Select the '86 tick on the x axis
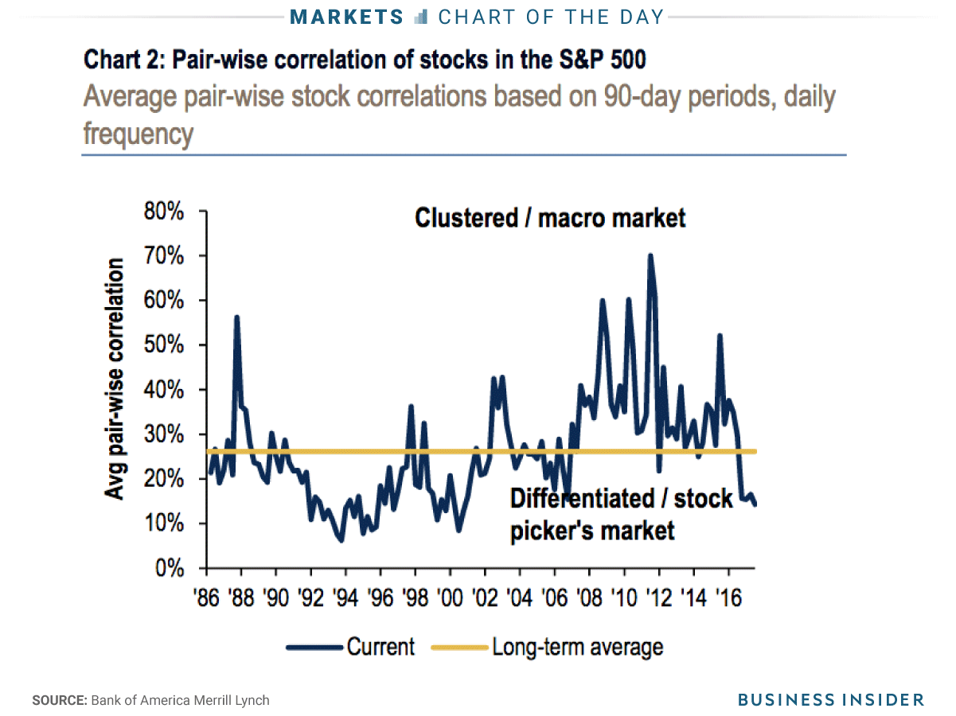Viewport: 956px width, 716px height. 206,597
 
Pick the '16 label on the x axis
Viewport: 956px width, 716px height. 727,597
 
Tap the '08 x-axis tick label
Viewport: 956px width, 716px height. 588,597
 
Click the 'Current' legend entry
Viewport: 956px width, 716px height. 380,647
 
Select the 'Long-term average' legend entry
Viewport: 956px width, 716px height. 577,647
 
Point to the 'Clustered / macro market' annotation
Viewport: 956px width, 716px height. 550,218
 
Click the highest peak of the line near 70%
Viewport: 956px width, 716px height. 650,255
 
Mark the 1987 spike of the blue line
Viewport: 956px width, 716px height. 236,317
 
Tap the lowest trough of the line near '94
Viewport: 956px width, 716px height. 341,541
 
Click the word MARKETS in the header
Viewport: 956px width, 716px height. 346,17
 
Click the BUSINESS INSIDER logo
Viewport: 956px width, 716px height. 831,700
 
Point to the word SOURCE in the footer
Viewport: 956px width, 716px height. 59,701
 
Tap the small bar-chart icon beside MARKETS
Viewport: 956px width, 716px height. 422,17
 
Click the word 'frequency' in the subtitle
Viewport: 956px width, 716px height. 138,134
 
